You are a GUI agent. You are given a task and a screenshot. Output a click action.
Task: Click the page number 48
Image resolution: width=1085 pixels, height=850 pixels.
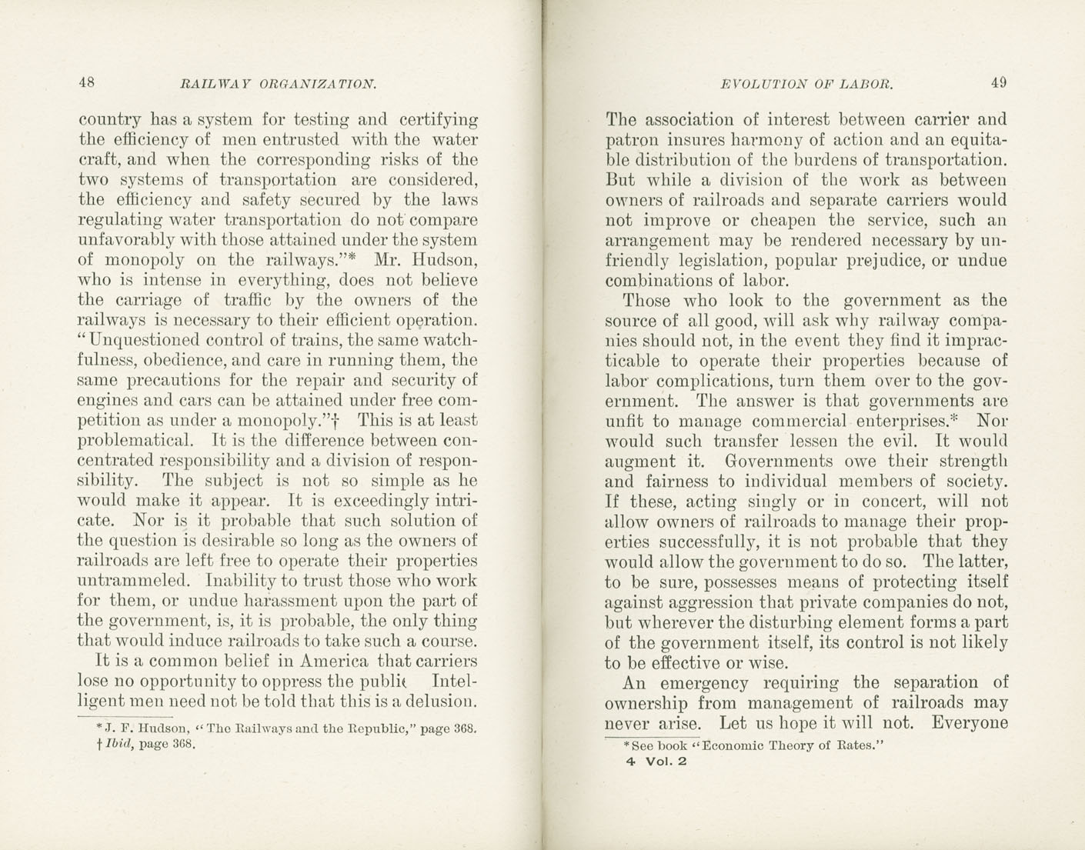[86, 83]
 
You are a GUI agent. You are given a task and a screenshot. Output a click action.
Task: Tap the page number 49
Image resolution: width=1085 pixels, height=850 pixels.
[999, 83]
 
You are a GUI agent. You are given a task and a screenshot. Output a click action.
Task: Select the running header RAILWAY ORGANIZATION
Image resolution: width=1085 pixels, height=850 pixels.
[277, 84]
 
